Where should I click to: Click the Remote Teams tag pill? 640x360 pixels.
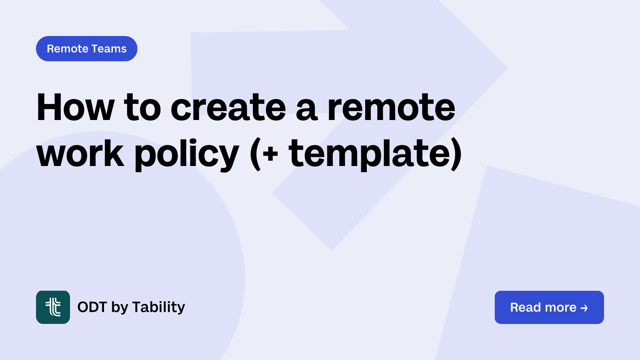click(x=86, y=49)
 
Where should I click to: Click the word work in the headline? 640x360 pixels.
click(x=80, y=154)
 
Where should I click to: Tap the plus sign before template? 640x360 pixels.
click(x=270, y=154)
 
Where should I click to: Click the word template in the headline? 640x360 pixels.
click(x=370, y=154)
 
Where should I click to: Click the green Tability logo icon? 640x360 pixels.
click(x=53, y=307)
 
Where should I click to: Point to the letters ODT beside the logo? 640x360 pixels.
click(x=92, y=307)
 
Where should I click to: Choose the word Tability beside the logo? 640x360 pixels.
click(x=159, y=307)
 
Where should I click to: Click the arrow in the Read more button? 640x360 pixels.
click(x=584, y=308)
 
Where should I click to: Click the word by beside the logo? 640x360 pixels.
click(x=120, y=308)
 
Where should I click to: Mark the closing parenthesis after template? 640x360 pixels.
click(x=456, y=154)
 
